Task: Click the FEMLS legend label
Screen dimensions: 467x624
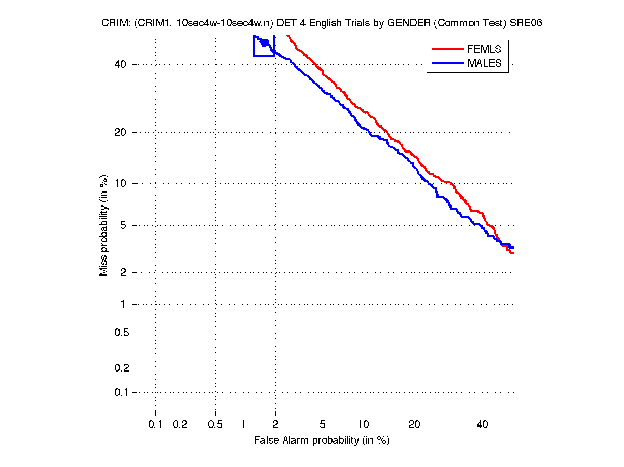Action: [484, 49]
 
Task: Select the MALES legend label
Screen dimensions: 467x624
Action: [484, 63]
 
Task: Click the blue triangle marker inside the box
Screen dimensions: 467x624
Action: [264, 43]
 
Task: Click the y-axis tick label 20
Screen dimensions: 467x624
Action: [120, 132]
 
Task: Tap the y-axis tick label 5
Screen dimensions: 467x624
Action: [123, 225]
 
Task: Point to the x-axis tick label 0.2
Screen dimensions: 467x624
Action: [180, 425]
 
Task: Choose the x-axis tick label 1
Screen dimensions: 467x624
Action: [243, 425]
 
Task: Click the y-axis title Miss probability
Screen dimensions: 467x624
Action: [104, 225]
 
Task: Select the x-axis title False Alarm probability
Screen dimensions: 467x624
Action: [322, 441]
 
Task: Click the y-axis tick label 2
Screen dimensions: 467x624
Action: [123, 272]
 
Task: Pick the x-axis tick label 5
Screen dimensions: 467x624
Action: [323, 425]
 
